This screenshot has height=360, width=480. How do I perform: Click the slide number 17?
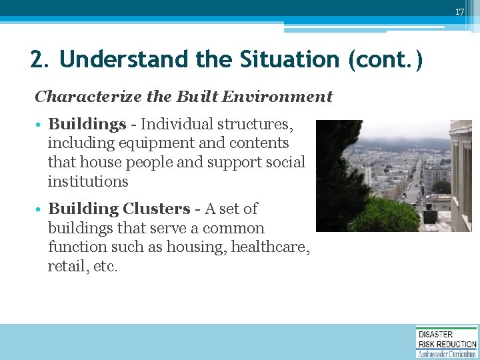tap(459, 12)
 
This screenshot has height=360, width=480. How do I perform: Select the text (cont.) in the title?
tap(385, 59)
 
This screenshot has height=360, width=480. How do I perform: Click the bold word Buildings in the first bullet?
tap(87, 124)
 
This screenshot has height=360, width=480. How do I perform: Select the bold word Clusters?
tap(156, 209)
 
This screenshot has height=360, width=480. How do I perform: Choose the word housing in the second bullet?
tap(194, 247)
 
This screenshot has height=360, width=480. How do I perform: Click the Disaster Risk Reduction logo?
tap(446, 341)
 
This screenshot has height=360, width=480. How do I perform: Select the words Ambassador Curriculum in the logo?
tap(447, 354)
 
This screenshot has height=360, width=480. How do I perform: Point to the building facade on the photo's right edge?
tap(461, 173)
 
